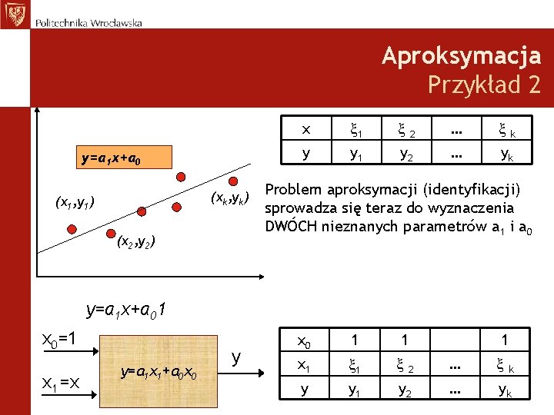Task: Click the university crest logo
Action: pyautogui.click(x=14, y=14)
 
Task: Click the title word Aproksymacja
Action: pyautogui.click(x=461, y=56)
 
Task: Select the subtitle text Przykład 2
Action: pyautogui.click(x=484, y=84)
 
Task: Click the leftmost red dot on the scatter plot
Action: pyautogui.click(x=72, y=228)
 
